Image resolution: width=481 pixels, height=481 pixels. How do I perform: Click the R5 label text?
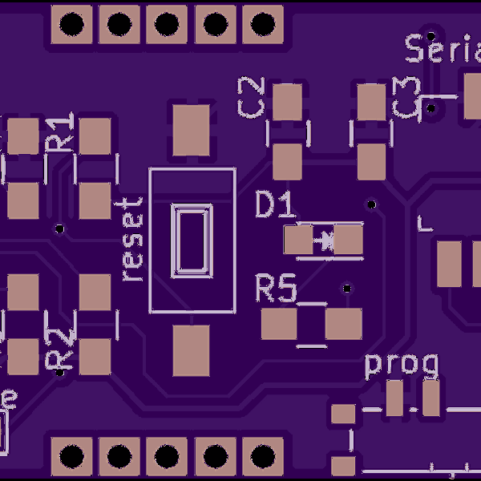pos(276,288)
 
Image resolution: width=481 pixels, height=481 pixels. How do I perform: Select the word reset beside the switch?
pos(132,239)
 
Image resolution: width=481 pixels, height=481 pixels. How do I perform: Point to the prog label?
pos(402,365)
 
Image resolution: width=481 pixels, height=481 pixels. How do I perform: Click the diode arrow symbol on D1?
pos(324,239)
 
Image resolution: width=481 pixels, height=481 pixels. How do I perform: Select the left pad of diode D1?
pos(298,239)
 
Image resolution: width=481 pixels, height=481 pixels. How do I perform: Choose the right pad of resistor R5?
pos(344,325)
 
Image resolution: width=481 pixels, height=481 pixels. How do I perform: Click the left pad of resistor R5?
pos(280,325)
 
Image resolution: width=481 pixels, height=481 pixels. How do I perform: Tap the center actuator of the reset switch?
pos(192,239)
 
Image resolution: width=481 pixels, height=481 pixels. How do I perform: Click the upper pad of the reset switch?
pos(192,129)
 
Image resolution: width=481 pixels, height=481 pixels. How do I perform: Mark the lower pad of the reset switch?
pos(192,350)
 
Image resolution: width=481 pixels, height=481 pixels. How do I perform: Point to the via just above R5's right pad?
pos(347,289)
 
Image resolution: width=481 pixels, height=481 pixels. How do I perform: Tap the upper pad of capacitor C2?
pos(287,103)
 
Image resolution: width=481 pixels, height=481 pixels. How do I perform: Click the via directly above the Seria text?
pos(430,35)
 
